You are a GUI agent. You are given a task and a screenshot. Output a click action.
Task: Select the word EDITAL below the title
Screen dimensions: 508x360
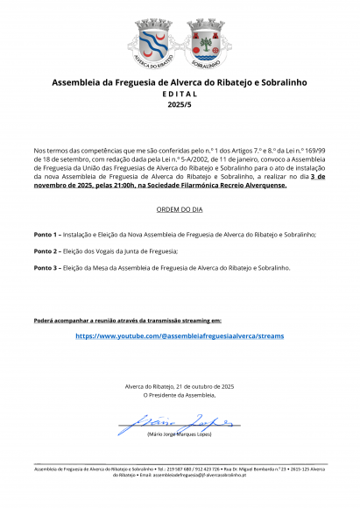pyautogui.click(x=180, y=94)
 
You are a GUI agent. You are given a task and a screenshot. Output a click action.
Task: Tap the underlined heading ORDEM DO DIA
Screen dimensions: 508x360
pyautogui.click(x=180, y=211)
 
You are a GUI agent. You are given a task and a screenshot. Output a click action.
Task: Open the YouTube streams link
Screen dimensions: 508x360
pyautogui.click(x=180, y=335)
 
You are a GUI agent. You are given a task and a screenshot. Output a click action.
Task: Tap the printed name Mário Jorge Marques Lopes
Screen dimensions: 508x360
pyautogui.click(x=180, y=434)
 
